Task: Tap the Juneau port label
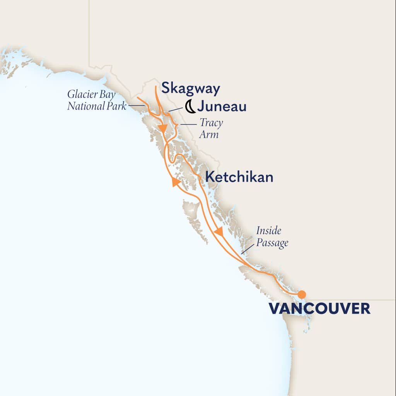pos(222,106)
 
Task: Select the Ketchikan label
pos(239,177)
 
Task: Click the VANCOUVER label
pos(319,309)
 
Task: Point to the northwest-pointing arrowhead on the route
pos(176,182)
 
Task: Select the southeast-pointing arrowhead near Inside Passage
pos(219,232)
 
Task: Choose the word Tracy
pos(211,123)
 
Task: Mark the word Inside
pos(268,231)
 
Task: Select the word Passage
pos(272,243)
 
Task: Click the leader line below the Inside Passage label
pos(245,249)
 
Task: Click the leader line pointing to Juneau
pos(174,110)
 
